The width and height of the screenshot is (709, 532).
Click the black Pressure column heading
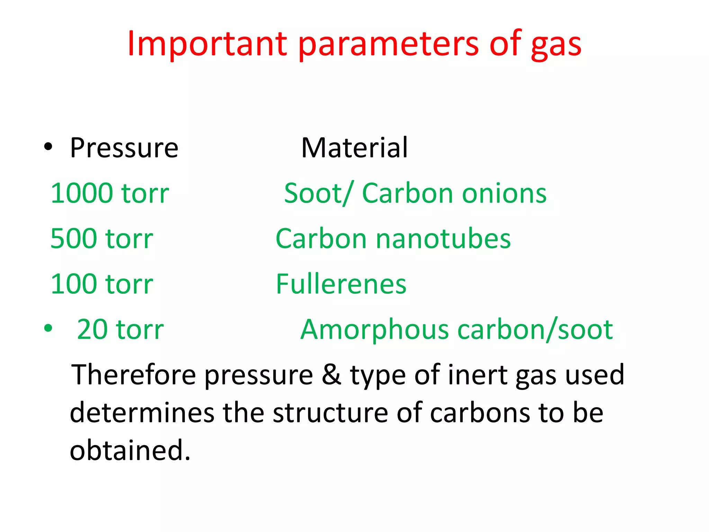pos(124,148)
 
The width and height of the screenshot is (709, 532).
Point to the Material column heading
pos(354,148)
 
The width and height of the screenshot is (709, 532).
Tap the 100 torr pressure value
pos(102,284)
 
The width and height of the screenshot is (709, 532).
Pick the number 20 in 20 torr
pos(92,329)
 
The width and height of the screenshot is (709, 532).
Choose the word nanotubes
pos(443,239)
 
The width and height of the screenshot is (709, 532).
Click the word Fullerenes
pos(341,284)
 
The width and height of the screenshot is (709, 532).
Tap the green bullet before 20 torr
pos(48,328)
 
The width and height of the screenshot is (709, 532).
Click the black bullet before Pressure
pos(48,147)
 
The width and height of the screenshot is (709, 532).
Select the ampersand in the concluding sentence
pos(331,375)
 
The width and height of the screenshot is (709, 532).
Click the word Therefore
pos(133,375)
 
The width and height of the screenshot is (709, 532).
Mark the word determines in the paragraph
pos(142,413)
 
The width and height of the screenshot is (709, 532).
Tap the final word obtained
pos(130,451)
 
